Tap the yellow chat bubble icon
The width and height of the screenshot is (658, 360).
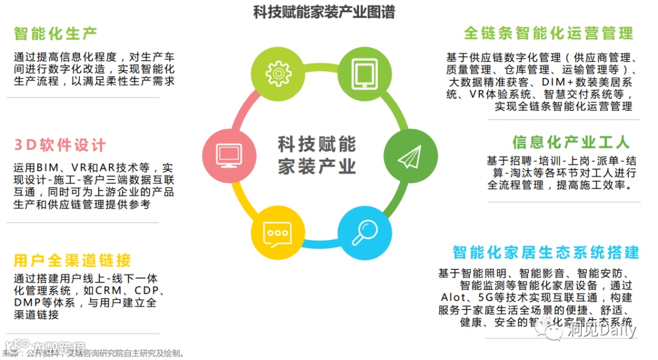tap(277, 234)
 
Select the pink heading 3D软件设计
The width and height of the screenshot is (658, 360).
tap(59, 145)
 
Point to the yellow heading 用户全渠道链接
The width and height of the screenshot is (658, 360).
tap(72, 261)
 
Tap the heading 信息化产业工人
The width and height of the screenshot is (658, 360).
tap(570, 142)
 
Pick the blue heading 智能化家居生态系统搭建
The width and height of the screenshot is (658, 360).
tap(546, 252)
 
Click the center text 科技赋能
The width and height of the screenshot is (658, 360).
tap(317, 144)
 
